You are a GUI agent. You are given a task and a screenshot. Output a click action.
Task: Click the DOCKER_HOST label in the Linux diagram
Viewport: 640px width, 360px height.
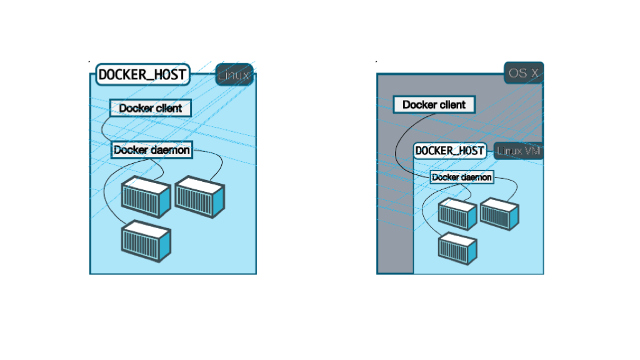(x=142, y=75)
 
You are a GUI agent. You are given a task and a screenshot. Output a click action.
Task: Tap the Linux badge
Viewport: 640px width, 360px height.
(x=234, y=76)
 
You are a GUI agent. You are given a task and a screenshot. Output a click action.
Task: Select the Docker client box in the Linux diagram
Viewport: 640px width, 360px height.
(x=150, y=108)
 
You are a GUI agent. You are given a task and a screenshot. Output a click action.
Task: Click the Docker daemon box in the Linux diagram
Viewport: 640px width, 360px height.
(x=152, y=150)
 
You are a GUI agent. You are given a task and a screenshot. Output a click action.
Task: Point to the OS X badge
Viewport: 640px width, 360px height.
(x=524, y=73)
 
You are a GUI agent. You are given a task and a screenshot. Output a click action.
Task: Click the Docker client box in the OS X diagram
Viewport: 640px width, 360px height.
(x=434, y=104)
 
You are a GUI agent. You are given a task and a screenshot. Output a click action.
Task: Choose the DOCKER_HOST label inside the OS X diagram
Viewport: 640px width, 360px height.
(x=450, y=151)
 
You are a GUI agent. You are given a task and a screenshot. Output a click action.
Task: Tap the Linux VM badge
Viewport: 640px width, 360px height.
(x=518, y=151)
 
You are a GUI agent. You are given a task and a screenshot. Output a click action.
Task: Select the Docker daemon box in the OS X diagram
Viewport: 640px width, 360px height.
(x=462, y=177)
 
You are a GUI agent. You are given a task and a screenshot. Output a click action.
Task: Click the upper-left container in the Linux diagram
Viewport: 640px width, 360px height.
(x=146, y=196)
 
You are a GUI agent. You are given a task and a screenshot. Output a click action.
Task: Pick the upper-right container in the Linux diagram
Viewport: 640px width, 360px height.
(x=199, y=196)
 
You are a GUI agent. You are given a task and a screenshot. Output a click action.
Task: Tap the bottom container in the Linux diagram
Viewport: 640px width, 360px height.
(x=146, y=240)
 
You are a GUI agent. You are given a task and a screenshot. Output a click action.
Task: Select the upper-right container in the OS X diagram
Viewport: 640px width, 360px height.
(x=499, y=213)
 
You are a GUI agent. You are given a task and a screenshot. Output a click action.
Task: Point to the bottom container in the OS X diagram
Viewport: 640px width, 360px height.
(x=457, y=246)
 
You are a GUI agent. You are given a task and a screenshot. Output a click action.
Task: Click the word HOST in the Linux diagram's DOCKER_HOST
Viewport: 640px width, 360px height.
(x=169, y=75)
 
